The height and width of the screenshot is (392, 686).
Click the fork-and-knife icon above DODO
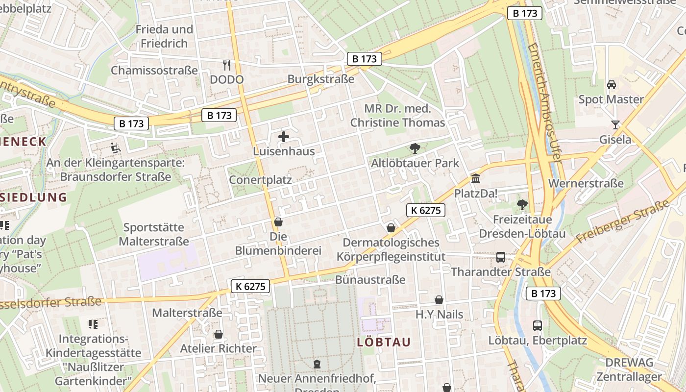226,65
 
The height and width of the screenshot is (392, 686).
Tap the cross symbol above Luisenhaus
284,137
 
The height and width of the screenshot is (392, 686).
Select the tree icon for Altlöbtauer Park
415,148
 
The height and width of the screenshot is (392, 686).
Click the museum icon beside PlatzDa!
475,179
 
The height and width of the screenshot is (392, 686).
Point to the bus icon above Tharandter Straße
501,257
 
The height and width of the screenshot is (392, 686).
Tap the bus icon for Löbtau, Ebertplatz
538,325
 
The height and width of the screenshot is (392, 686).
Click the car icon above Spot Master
611,85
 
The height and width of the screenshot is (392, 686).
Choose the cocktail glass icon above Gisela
615,125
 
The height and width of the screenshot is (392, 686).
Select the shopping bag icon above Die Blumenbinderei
278,222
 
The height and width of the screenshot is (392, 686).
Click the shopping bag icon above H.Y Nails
439,299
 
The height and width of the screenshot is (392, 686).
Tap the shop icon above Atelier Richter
219,334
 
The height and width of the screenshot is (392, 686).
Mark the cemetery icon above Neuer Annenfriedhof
317,364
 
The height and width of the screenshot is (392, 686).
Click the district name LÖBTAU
384,342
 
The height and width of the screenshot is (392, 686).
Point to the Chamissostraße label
154,70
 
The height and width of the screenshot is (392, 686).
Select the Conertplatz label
260,180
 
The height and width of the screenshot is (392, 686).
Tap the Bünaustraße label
370,280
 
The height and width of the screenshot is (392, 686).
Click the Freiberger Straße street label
622,221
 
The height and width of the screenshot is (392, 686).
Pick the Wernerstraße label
587,183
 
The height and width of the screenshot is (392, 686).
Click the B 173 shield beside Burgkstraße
365,59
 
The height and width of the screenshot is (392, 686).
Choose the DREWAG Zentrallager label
629,369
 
